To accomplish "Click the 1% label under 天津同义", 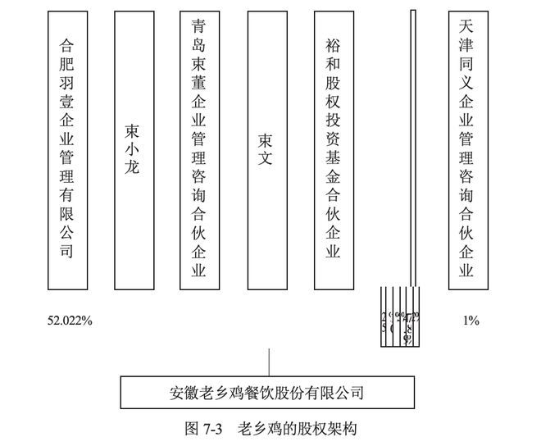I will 471,321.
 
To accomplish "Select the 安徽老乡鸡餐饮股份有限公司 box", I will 265,392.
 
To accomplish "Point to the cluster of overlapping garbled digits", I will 400,322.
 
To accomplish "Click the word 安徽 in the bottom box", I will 180,392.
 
